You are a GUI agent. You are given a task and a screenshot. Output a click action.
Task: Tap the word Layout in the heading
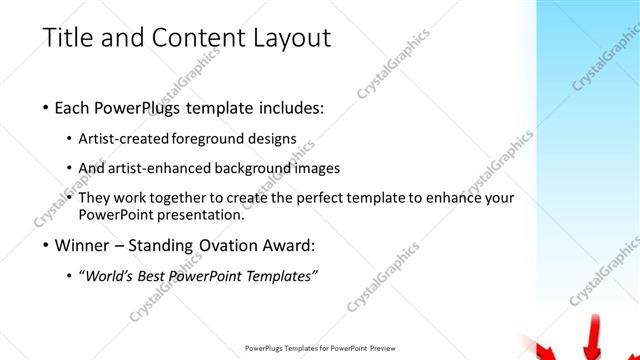point(285,39)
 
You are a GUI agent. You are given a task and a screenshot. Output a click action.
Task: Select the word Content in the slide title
point(189,39)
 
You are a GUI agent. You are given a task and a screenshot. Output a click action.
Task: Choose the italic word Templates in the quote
point(282,275)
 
